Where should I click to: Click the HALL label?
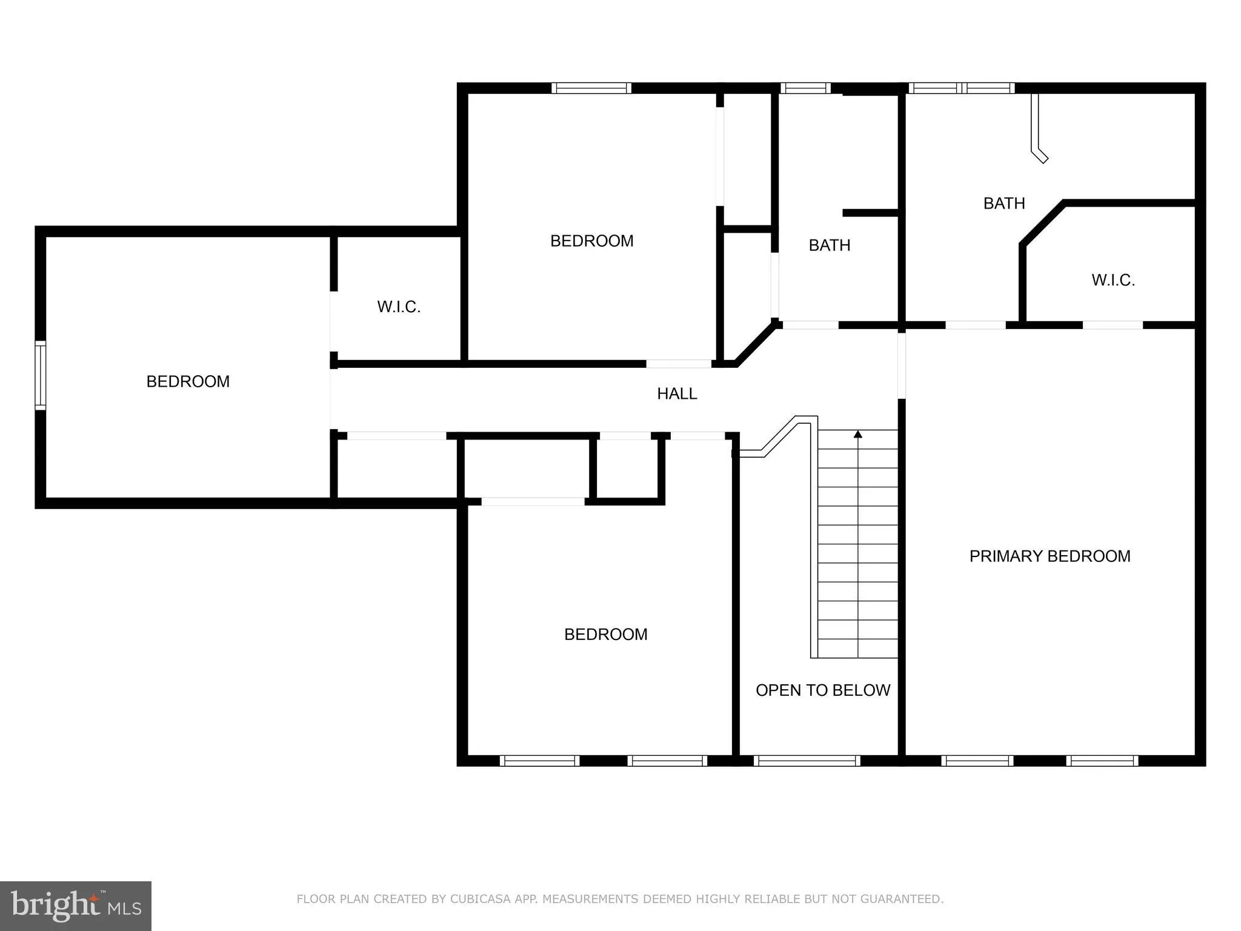point(677,394)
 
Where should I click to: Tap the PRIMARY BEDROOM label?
point(1050,556)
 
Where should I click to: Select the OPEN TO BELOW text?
point(822,690)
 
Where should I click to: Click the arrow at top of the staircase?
point(857,434)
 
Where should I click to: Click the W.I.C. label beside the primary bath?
point(1113,280)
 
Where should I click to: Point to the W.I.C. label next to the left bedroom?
point(398,307)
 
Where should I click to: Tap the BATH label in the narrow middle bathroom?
point(829,245)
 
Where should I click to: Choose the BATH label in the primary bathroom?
point(1003,203)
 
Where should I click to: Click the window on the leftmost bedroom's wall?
point(40,375)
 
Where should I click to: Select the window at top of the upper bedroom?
point(591,88)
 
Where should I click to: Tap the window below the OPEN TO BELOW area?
point(807,761)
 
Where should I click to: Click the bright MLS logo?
point(75,906)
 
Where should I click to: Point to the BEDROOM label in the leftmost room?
point(188,381)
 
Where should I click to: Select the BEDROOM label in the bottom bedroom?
point(605,635)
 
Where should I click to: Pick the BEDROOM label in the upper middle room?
point(591,241)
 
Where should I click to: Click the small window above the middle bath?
point(805,88)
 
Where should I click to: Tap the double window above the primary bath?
point(962,88)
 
